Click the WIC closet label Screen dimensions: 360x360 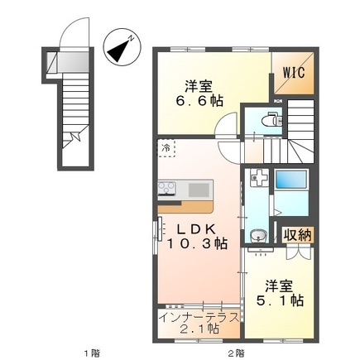tap(294, 72)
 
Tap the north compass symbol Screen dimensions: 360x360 tap(122, 47)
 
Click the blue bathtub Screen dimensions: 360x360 tap(291, 180)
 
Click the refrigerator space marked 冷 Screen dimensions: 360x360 tap(166, 148)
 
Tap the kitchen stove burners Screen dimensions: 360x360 tap(166, 188)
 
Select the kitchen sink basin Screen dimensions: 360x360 tap(199, 190)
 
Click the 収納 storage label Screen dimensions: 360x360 tap(298, 235)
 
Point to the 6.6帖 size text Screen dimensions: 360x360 tap(199, 101)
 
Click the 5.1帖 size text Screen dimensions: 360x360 tap(280, 300)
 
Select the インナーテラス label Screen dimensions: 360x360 tap(199, 317)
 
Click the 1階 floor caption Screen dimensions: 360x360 tap(92, 353)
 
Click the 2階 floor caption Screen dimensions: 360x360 tap(236, 353)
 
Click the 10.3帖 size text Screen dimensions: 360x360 tap(196, 243)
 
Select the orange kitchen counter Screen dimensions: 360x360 tap(185, 207)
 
